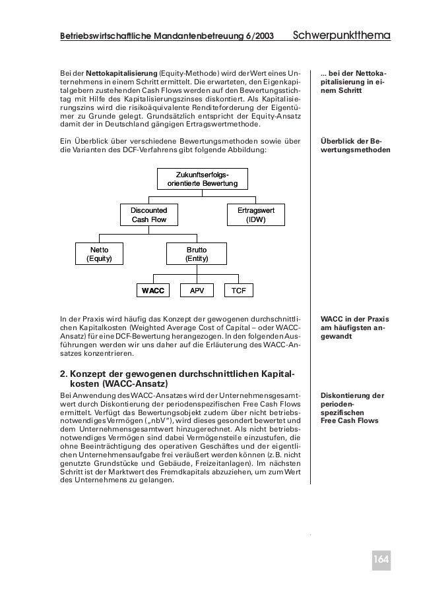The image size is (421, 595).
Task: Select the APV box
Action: [x=196, y=291]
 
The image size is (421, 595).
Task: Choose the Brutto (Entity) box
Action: [x=196, y=254]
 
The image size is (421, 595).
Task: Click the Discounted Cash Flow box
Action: [x=149, y=214]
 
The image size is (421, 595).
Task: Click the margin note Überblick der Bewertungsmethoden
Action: [x=354, y=145]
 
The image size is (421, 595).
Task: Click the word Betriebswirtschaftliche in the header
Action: [x=102, y=35]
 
